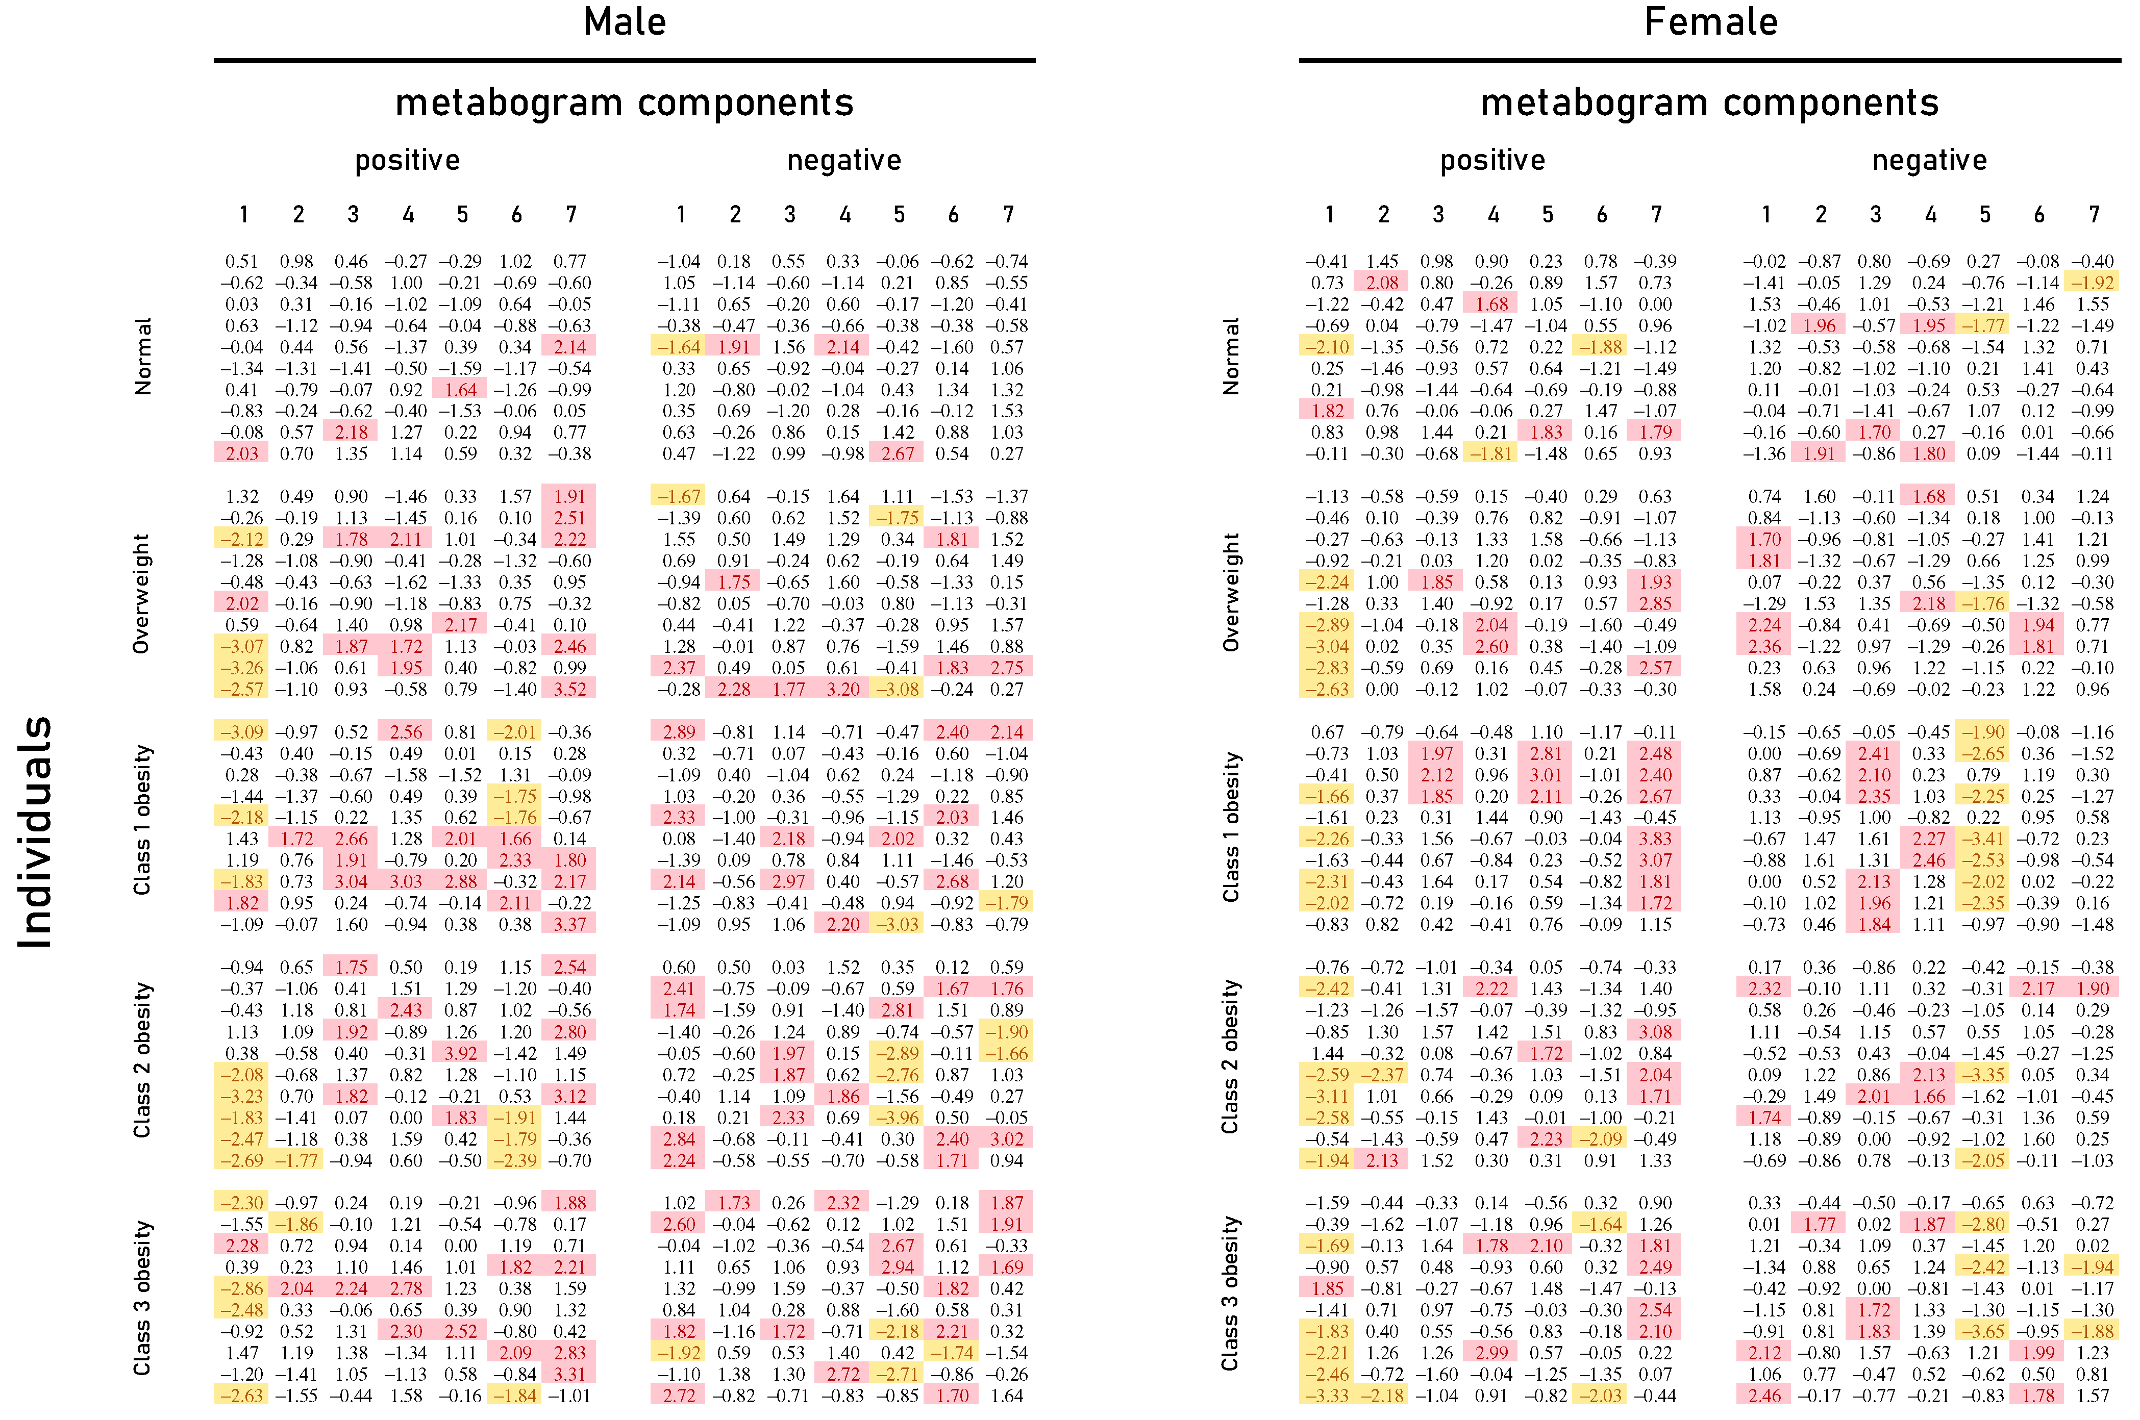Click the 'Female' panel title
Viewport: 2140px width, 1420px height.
click(x=1710, y=22)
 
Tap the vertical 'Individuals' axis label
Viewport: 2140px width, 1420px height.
click(x=36, y=831)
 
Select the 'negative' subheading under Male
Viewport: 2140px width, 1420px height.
click(x=843, y=160)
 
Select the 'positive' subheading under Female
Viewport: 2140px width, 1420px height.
click(x=1492, y=160)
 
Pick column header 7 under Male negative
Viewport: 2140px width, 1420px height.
click(x=1007, y=215)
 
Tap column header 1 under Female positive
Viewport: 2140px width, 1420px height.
click(x=1329, y=215)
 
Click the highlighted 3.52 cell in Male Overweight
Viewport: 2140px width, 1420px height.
click(x=569, y=689)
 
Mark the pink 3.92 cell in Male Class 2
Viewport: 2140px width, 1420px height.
click(x=460, y=1053)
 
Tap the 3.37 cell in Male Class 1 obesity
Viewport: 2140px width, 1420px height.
click(x=569, y=925)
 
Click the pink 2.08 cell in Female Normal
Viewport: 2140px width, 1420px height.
click(x=1382, y=283)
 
